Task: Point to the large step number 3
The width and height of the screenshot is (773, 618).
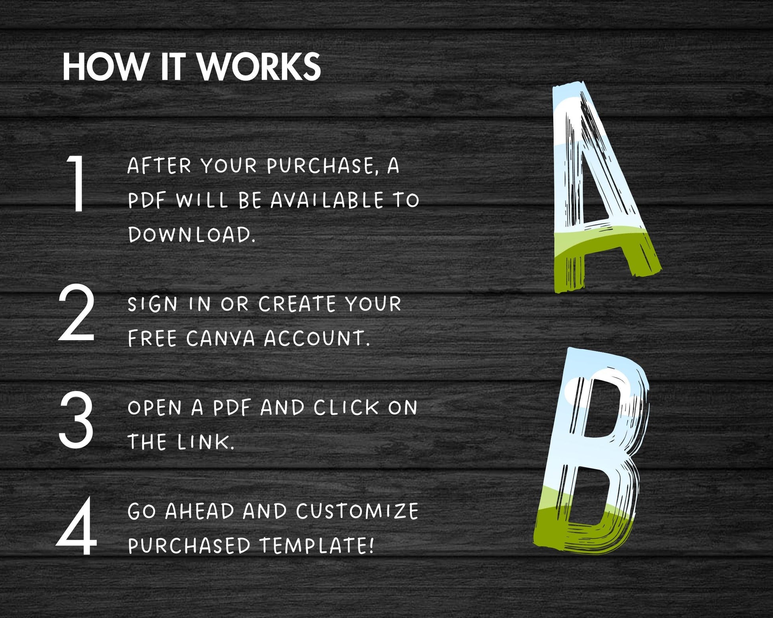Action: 77,420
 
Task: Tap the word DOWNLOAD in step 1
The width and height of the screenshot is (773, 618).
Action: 191,235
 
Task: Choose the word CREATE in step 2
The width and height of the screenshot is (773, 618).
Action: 298,304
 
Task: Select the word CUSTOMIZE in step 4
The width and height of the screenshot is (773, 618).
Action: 357,511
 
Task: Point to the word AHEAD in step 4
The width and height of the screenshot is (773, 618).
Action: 200,511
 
